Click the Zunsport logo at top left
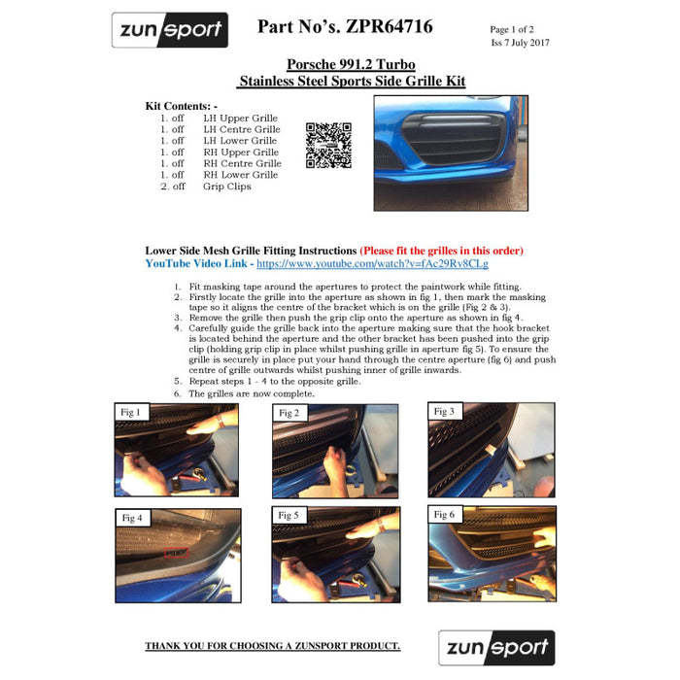(x=169, y=30)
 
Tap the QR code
(x=327, y=146)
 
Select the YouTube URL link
(x=372, y=263)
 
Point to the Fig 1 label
(x=130, y=412)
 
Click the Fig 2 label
(x=289, y=413)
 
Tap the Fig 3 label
(x=444, y=412)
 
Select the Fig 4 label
(x=132, y=518)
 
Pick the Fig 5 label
(x=289, y=515)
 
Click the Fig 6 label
(x=445, y=514)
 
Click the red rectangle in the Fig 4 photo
(x=175, y=552)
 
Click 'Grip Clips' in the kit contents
(x=226, y=187)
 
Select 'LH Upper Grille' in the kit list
(x=240, y=118)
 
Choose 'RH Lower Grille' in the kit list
(x=240, y=175)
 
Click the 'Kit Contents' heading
(x=182, y=105)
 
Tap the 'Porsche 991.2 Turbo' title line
(x=352, y=64)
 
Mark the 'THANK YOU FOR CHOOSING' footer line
(x=272, y=646)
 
